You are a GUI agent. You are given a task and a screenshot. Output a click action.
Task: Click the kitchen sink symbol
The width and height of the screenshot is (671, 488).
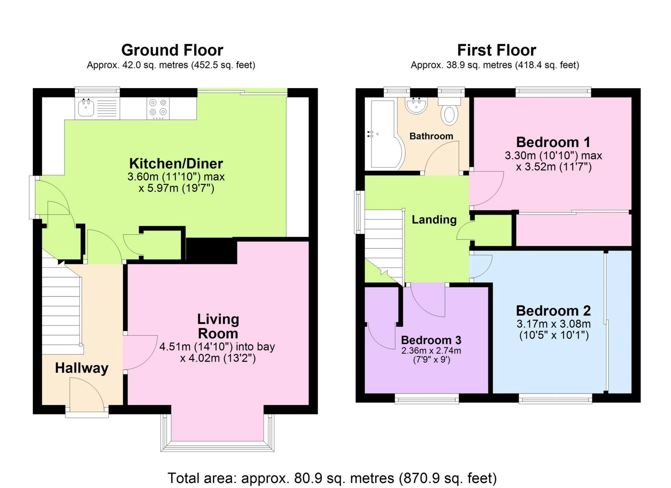tap(86, 108)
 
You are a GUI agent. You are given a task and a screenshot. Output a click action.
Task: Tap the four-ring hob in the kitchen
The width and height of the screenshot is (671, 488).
tap(158, 108)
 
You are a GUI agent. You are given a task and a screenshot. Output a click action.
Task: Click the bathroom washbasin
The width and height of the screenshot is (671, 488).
tap(416, 106)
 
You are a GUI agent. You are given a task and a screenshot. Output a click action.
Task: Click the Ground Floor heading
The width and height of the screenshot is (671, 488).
tap(172, 50)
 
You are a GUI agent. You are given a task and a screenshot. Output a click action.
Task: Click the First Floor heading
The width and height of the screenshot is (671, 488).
tap(496, 50)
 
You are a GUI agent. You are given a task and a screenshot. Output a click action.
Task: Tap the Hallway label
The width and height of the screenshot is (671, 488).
tap(82, 368)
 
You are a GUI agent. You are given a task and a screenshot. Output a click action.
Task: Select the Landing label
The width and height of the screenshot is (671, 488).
tap(434, 220)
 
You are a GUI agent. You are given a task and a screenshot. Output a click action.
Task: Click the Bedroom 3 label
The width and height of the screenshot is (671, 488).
tap(431, 340)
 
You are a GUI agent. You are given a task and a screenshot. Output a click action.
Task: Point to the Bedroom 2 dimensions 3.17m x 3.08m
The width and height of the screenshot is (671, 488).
tap(553, 324)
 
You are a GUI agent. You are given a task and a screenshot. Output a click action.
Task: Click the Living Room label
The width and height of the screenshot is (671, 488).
tap(218, 326)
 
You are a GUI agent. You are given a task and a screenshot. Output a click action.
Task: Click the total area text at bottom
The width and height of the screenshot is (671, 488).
tap(332, 478)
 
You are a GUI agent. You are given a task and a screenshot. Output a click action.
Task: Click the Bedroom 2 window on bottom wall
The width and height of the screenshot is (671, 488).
tap(555, 398)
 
